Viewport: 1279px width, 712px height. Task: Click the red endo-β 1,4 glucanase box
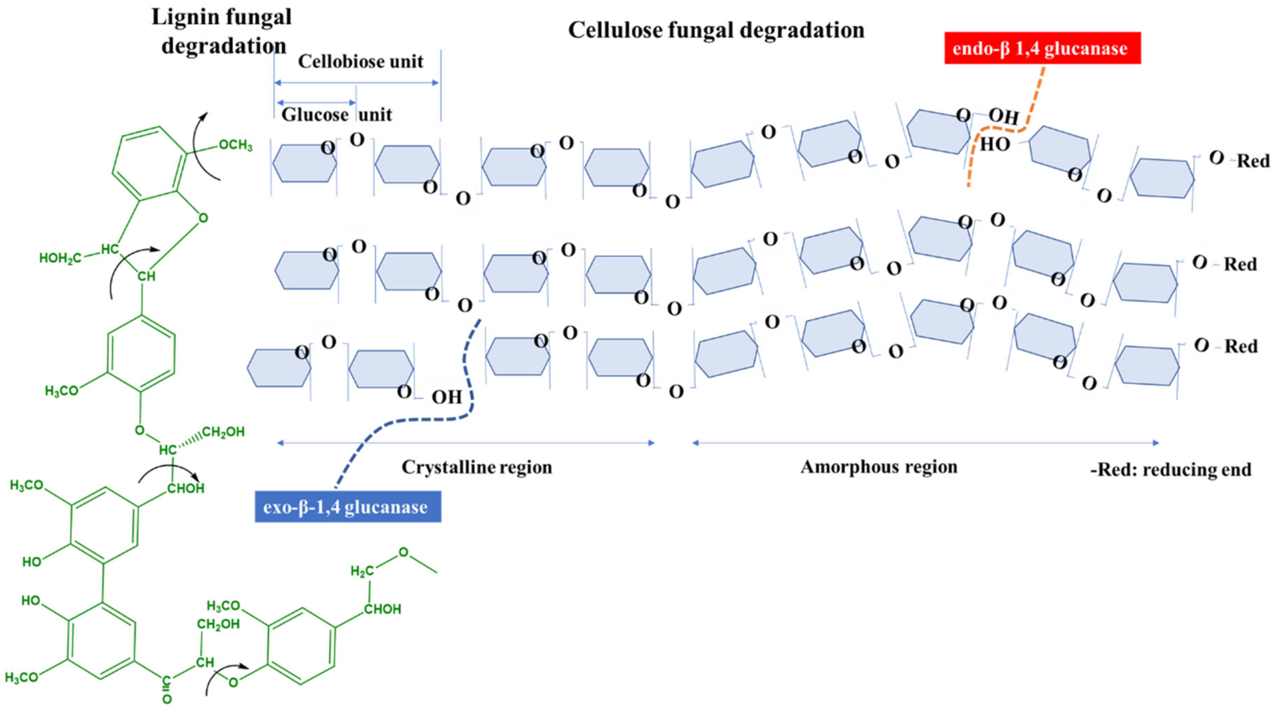point(1042,48)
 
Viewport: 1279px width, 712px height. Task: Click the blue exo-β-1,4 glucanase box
point(348,507)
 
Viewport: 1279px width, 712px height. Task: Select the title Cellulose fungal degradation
point(716,30)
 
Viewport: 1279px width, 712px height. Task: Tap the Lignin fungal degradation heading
point(222,31)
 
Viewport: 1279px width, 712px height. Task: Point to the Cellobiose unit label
point(360,62)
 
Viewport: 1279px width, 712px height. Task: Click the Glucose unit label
point(337,115)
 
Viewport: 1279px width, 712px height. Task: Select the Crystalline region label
point(476,467)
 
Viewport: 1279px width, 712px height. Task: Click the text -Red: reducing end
point(1170,469)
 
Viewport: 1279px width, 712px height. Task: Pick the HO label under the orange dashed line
point(994,145)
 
